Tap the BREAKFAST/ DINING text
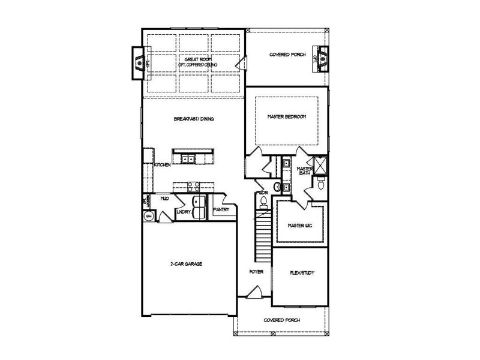pyautogui.click(x=194, y=119)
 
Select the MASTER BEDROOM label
pyautogui.click(x=287, y=116)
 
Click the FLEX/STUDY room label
pyautogui.click(x=301, y=272)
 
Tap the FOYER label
pyautogui.click(x=257, y=272)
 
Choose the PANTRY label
pyautogui.click(x=221, y=209)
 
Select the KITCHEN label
pyautogui.click(x=163, y=164)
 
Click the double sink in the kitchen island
pyautogui.click(x=188, y=159)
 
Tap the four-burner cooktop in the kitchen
pyautogui.click(x=193, y=185)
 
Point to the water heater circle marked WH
pyautogui.click(x=148, y=215)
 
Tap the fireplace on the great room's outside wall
pyautogui.click(x=140, y=62)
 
